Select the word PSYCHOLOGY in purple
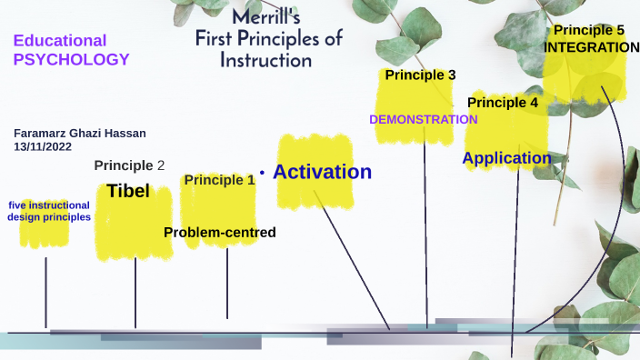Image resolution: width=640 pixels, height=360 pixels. pyautogui.click(x=71, y=60)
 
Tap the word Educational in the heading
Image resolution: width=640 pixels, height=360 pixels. pyautogui.click(x=60, y=41)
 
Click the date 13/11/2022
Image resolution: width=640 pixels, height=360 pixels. pyautogui.click(x=43, y=146)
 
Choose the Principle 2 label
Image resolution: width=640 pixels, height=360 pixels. pyautogui.click(x=129, y=165)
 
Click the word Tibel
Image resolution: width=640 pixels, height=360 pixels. pyautogui.click(x=127, y=191)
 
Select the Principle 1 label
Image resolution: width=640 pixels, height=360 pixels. pyautogui.click(x=219, y=180)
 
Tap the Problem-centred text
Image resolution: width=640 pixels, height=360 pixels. pyautogui.click(x=219, y=233)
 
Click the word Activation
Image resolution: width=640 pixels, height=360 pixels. pyautogui.click(x=322, y=172)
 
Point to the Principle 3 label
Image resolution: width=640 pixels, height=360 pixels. pyautogui.click(x=420, y=75)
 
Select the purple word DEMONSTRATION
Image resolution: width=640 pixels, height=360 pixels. pyautogui.click(x=423, y=119)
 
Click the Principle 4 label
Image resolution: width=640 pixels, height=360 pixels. pyautogui.click(x=503, y=103)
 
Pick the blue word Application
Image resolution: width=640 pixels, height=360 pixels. pyautogui.click(x=506, y=158)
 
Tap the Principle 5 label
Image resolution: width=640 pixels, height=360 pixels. pyautogui.click(x=589, y=29)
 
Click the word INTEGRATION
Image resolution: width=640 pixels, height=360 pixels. pyautogui.click(x=592, y=47)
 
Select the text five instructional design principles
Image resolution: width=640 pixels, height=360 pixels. pyautogui.click(x=49, y=211)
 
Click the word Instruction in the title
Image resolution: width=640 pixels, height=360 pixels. pyautogui.click(x=265, y=61)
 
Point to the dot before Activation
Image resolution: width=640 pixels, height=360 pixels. pyautogui.click(x=262, y=171)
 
